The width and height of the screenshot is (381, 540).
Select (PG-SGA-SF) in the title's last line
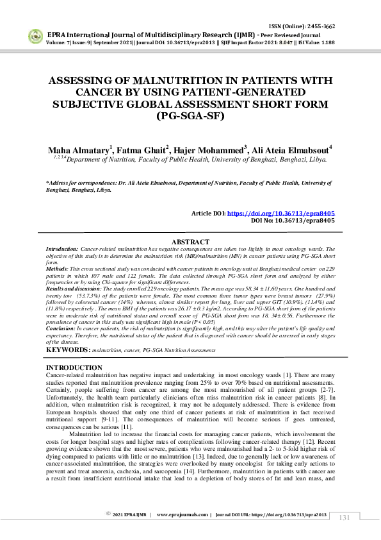(190, 116)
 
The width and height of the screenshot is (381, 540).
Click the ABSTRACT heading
(190, 241)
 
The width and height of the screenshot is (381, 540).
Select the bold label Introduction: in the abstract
(62, 248)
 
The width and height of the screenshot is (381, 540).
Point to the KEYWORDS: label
(67, 350)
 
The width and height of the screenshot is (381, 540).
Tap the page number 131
(344, 518)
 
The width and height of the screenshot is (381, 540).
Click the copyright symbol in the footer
(109, 514)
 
